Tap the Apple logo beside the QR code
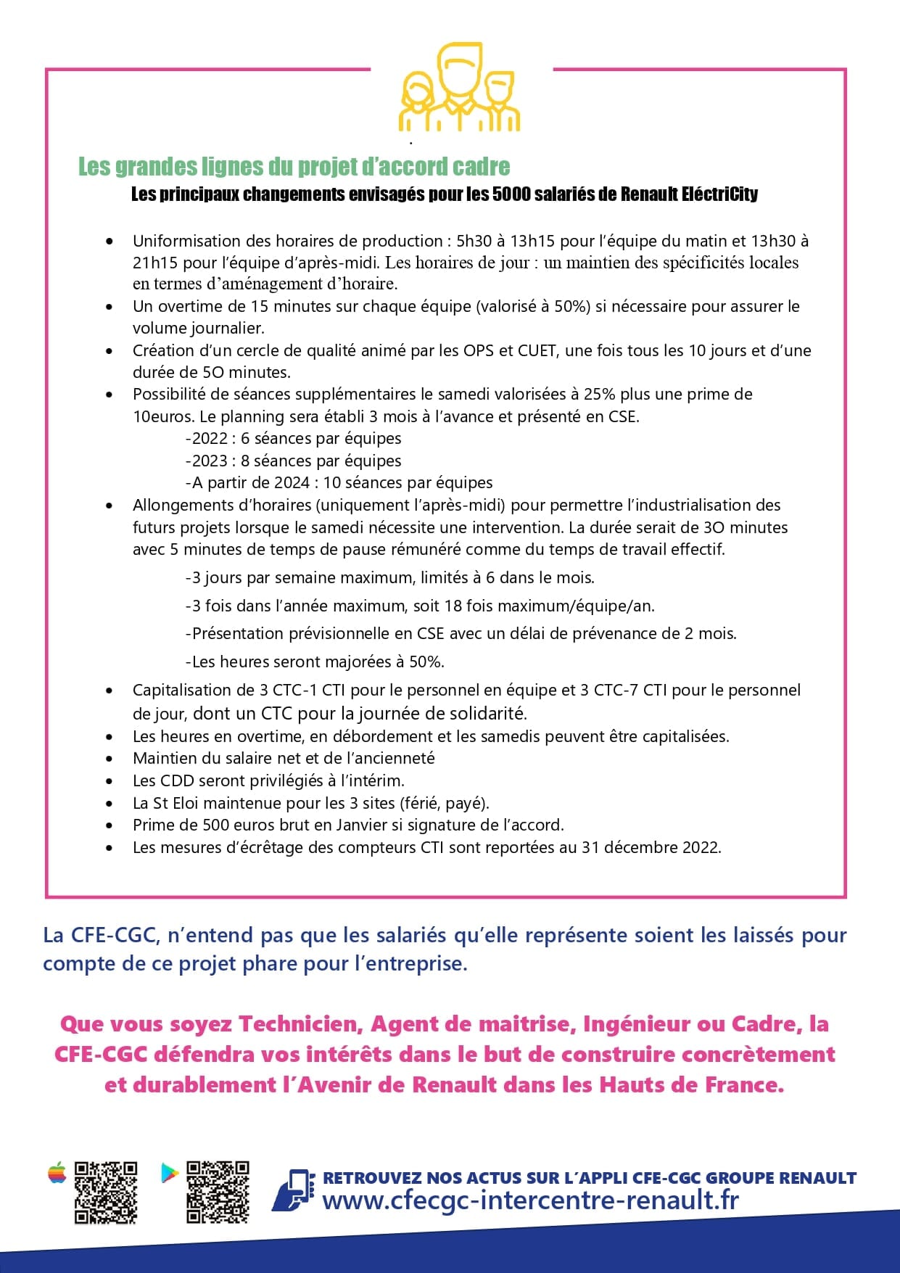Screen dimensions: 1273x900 [57, 1173]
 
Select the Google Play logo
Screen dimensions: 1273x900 [169, 1173]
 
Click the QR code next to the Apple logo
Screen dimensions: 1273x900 [106, 1192]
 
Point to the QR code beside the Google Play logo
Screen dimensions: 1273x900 [218, 1192]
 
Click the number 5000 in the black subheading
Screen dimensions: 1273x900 [511, 194]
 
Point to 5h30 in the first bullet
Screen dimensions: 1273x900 [474, 241]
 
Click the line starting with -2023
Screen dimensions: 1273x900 [293, 461]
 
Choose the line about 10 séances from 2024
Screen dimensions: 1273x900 [339, 482]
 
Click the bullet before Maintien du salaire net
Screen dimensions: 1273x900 [109, 759]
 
